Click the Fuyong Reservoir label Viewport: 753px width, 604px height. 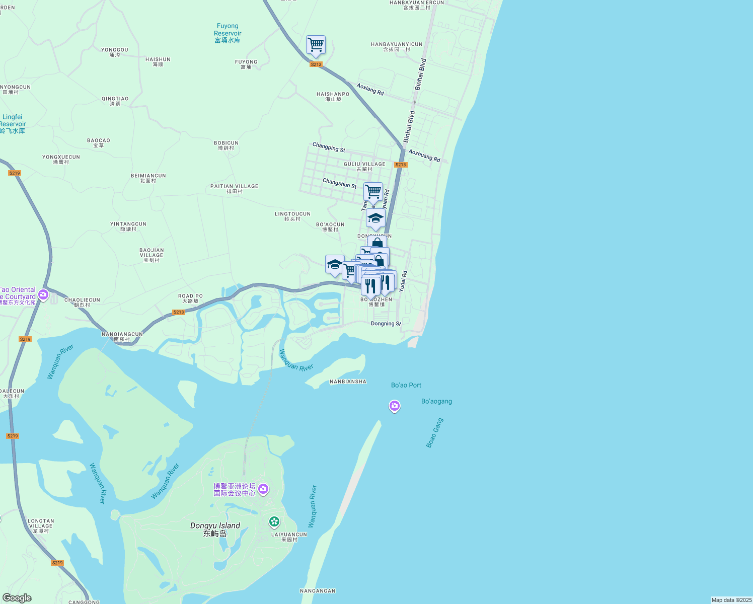click(x=228, y=33)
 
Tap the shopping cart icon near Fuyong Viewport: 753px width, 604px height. click(x=316, y=45)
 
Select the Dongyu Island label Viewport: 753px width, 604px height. click(x=215, y=529)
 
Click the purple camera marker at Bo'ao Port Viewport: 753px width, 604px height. click(x=395, y=406)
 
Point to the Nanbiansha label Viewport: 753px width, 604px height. click(x=348, y=382)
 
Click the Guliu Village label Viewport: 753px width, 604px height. click(x=364, y=167)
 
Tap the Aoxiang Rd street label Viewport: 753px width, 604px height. click(x=370, y=89)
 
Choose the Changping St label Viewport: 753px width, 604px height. click(x=329, y=147)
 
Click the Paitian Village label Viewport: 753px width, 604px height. click(x=234, y=189)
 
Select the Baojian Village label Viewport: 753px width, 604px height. click(x=152, y=255)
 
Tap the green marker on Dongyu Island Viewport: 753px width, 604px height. click(x=274, y=521)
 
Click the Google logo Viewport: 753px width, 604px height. click(x=17, y=598)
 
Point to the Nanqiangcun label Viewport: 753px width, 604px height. click(x=122, y=337)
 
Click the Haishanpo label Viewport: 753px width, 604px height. click(x=333, y=97)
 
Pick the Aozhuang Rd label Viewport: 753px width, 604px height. click(x=424, y=156)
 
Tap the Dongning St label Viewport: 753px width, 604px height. click(x=386, y=324)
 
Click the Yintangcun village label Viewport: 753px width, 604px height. click(x=128, y=226)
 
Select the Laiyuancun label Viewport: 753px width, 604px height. click(x=289, y=537)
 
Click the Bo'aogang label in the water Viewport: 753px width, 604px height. click(x=436, y=401)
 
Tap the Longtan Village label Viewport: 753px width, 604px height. click(x=41, y=526)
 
